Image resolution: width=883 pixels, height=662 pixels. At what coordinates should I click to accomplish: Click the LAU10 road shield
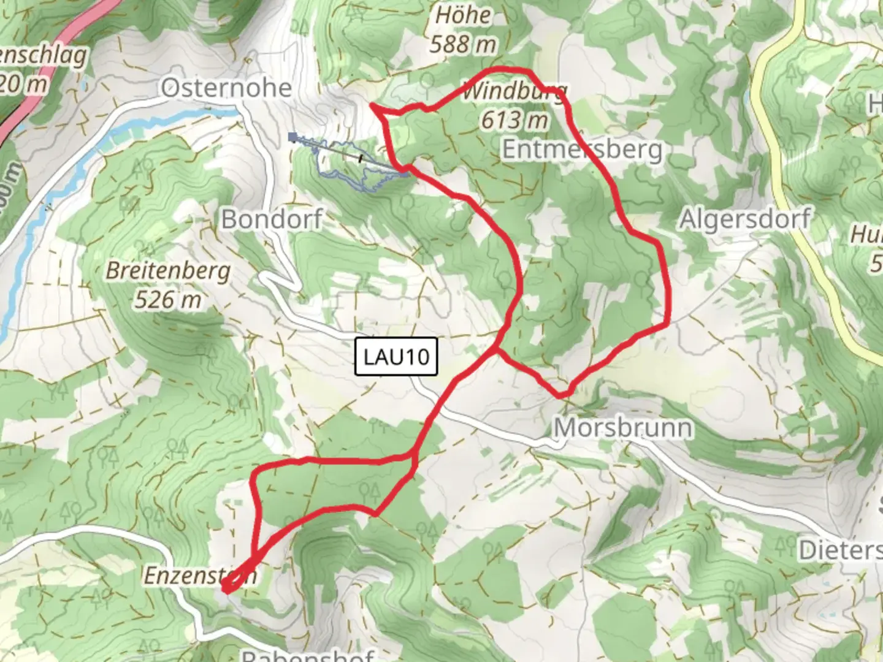(x=396, y=356)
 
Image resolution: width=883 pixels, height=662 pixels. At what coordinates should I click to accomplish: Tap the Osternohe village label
(x=226, y=88)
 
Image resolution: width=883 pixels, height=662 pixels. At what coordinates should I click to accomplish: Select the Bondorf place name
(x=271, y=219)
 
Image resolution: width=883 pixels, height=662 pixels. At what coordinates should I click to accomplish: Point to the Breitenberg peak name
(x=169, y=270)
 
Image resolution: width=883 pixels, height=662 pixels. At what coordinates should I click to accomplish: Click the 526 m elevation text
(x=168, y=300)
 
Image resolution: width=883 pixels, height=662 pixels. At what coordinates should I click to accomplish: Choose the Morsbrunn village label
(x=623, y=428)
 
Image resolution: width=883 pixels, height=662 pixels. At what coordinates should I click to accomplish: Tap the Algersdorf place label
(x=744, y=219)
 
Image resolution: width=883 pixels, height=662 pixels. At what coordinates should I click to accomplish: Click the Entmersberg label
(x=583, y=149)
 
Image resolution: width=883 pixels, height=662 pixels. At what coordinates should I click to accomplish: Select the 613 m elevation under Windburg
(x=514, y=120)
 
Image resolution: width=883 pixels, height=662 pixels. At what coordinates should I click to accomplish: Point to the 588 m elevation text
(x=463, y=44)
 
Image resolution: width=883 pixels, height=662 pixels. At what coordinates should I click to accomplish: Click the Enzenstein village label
(x=199, y=576)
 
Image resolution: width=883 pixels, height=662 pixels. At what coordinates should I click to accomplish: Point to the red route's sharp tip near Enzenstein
(x=226, y=590)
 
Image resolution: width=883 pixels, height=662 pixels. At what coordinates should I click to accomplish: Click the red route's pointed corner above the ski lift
(x=372, y=106)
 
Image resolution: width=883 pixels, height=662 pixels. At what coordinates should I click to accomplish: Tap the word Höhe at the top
(x=463, y=16)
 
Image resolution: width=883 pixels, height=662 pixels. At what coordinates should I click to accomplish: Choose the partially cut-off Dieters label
(x=840, y=550)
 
